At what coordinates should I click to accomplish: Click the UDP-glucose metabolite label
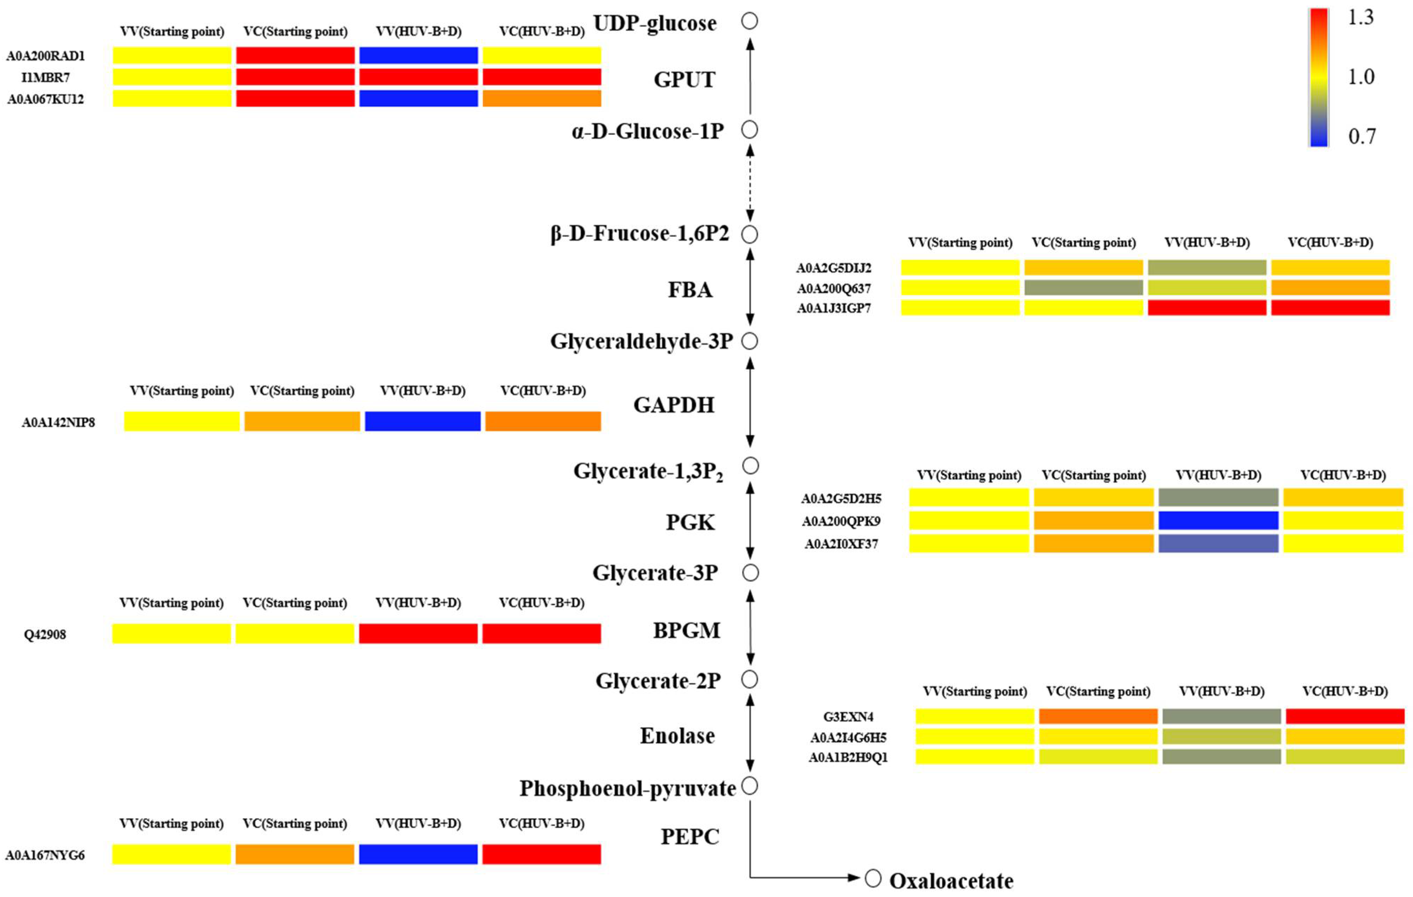[655, 24]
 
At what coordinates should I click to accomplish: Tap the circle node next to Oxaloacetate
[873, 878]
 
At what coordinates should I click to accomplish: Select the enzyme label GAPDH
[674, 405]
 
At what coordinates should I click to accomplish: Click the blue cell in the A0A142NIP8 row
[422, 421]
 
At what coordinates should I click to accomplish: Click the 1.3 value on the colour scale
[1360, 18]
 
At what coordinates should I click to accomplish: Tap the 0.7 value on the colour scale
[1361, 136]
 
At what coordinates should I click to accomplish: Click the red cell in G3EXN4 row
[1345, 716]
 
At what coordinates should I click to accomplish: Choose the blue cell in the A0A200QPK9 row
[1218, 520]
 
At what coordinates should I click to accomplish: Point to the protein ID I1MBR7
[45, 77]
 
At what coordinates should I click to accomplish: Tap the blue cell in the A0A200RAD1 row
[419, 55]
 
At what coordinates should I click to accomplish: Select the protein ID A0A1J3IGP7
[833, 308]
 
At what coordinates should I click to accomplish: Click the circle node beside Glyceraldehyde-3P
[750, 342]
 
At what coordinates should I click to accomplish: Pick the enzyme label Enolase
[677, 736]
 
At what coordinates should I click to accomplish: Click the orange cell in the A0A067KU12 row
[542, 98]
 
